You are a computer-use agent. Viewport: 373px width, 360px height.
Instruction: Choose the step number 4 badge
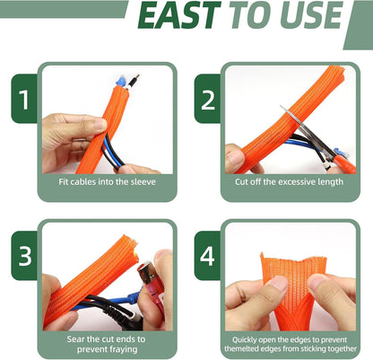pos(208,255)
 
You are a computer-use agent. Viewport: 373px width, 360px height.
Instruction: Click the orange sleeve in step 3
pos(85,278)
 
